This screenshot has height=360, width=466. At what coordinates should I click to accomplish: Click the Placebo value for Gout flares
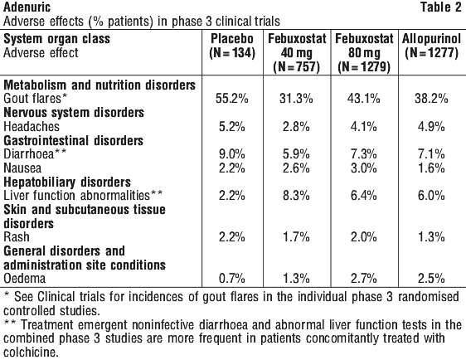pyautogui.click(x=232, y=99)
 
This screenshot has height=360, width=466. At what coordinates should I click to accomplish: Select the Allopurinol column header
pyautogui.click(x=431, y=46)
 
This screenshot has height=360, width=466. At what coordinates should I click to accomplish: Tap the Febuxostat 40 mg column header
pyautogui.click(x=297, y=53)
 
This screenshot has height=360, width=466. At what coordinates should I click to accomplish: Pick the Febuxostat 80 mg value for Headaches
pyautogui.click(x=364, y=127)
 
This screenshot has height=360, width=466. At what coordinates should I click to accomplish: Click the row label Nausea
pyautogui.click(x=22, y=168)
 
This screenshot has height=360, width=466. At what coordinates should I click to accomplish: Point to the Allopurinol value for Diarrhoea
pyautogui.click(x=431, y=154)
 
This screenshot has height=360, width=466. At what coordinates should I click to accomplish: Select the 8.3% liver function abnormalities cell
pyautogui.click(x=296, y=196)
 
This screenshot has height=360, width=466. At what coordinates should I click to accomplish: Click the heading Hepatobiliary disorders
pyautogui.click(x=67, y=182)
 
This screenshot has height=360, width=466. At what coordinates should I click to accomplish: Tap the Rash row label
pyautogui.click(x=17, y=237)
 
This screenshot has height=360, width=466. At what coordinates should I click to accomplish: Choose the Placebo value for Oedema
pyautogui.click(x=232, y=278)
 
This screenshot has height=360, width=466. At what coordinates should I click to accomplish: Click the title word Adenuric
pyautogui.click(x=27, y=7)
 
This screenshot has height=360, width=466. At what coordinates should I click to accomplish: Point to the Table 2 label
pyautogui.click(x=440, y=7)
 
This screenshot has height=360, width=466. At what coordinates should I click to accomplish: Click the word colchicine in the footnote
pyautogui.click(x=30, y=353)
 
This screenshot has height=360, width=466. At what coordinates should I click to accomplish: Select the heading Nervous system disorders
pyautogui.click(x=74, y=113)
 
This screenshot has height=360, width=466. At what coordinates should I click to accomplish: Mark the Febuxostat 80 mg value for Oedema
pyautogui.click(x=364, y=278)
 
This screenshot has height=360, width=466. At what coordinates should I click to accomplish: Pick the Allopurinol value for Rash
pyautogui.click(x=431, y=237)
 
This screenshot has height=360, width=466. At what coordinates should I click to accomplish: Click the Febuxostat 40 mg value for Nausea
pyautogui.click(x=296, y=168)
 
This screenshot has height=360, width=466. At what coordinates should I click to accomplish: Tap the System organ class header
pyautogui.click(x=56, y=39)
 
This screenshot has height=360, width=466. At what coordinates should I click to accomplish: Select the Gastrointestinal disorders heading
pyautogui.click(x=74, y=141)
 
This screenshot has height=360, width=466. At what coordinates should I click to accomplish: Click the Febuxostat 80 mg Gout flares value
pyautogui.click(x=364, y=99)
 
